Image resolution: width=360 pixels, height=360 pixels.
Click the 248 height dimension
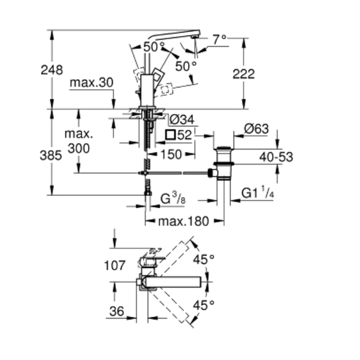(x=51, y=69)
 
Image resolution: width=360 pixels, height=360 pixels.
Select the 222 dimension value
(x=243, y=74)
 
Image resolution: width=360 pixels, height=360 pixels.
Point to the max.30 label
(x=91, y=82)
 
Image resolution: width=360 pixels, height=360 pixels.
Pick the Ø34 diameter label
(x=182, y=119)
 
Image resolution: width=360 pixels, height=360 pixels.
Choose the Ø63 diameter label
(x=256, y=129)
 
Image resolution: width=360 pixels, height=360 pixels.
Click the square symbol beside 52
(x=170, y=135)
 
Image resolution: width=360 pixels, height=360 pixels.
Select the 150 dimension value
(x=170, y=154)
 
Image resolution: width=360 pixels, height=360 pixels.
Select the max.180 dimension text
(x=183, y=221)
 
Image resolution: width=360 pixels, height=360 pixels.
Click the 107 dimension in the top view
(x=115, y=266)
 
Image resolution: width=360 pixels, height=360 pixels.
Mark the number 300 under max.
(x=79, y=148)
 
